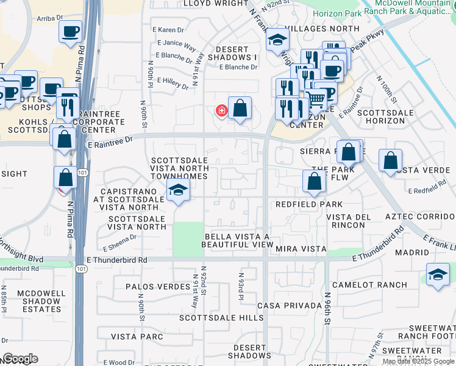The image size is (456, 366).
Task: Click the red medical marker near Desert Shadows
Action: coord(221,110)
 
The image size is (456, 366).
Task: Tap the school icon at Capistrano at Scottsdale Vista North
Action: coord(177,190)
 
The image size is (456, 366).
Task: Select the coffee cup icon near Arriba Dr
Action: coord(71,31)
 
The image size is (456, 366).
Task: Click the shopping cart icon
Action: coord(315,98)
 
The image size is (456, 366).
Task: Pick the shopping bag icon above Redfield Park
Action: coord(314,182)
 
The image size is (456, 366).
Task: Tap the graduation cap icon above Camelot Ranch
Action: coord(438,274)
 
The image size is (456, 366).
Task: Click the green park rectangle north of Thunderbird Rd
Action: coord(188,239)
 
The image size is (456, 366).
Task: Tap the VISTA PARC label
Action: coord(137,336)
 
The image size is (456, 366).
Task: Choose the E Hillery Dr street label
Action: coord(173,83)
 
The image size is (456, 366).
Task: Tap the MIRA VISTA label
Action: coord(301,249)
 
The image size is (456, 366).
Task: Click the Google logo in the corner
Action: coord(20,359)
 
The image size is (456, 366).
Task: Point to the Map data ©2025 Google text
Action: coord(418,361)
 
